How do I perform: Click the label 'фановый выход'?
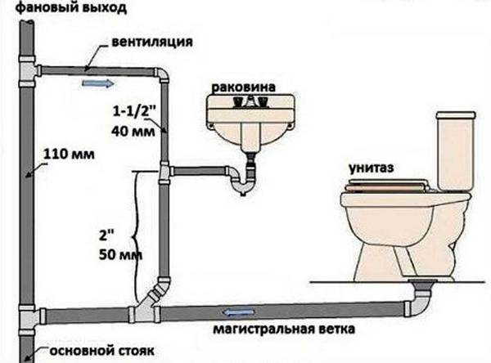[71, 7]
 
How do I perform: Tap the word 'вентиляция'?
[152, 42]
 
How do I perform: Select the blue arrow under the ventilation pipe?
[97, 83]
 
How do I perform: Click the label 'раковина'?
[244, 87]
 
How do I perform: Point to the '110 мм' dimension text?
[69, 154]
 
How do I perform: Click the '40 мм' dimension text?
[133, 131]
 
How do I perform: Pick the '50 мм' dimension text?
[120, 255]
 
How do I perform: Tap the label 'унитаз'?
[372, 168]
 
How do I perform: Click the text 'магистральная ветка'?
[284, 329]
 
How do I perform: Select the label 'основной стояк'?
[101, 351]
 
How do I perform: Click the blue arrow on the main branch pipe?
[239, 312]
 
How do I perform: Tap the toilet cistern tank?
[455, 151]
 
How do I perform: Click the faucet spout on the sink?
[250, 101]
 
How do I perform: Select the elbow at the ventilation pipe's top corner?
[163, 74]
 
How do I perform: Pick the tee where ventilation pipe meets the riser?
[28, 71]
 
